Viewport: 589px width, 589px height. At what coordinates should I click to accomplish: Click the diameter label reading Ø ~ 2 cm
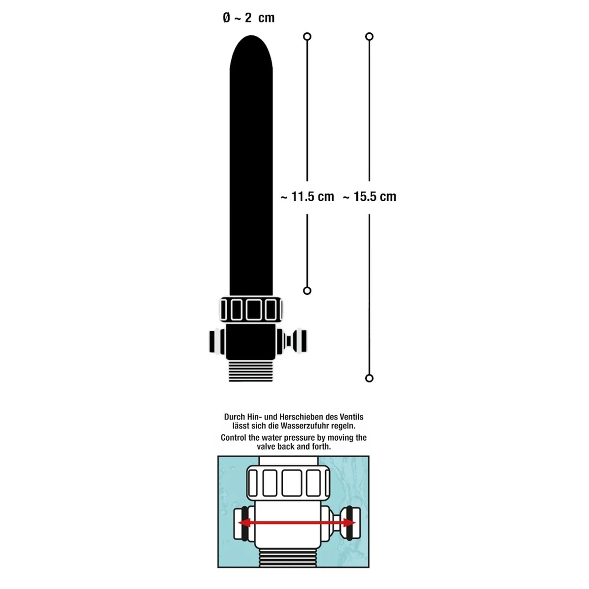coord(248,18)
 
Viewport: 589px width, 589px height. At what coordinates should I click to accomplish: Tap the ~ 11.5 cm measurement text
coord(307,197)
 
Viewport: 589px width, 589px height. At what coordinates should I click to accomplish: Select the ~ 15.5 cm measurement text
coord(370,197)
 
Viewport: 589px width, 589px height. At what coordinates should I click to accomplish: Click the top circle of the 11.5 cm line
coord(307,36)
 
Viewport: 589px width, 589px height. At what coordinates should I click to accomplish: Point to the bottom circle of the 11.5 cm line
coord(307,291)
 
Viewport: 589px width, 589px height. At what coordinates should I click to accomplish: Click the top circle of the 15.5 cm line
coord(370,36)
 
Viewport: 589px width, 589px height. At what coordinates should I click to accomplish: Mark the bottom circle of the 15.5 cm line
coord(370,378)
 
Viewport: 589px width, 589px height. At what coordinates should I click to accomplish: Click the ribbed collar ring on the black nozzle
coord(251,310)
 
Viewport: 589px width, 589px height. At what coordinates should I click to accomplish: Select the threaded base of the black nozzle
coord(251,372)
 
